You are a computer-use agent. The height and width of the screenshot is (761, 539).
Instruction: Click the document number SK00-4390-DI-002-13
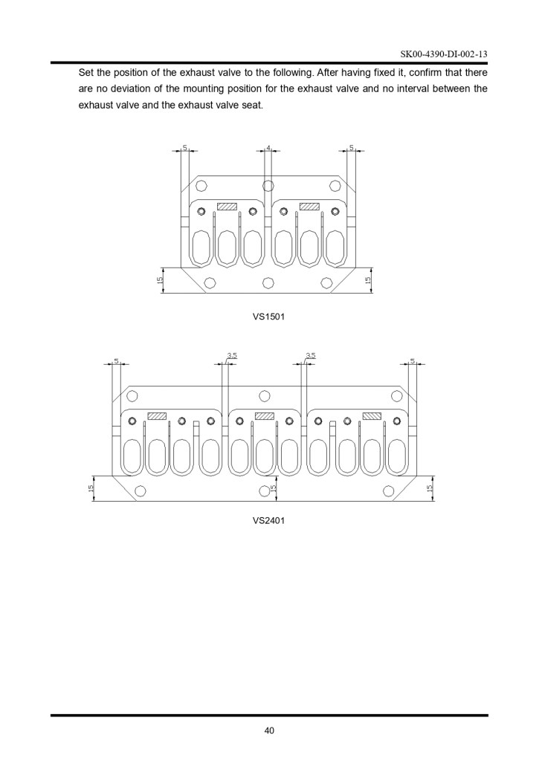(444, 54)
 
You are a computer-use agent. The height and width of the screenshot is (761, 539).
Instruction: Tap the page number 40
(269, 730)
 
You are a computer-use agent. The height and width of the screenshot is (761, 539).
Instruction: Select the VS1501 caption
(268, 317)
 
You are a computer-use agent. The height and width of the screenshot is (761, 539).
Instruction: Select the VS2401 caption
(268, 520)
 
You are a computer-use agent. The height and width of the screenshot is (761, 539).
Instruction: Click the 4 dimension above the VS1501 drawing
(268, 147)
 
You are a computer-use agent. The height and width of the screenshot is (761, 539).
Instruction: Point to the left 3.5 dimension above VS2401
(232, 355)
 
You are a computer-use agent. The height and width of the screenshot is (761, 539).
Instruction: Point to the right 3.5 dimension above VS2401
(311, 355)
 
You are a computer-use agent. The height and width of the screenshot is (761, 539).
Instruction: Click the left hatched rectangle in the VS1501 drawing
(227, 207)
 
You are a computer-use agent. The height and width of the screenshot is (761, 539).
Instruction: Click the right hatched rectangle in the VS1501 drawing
(309, 207)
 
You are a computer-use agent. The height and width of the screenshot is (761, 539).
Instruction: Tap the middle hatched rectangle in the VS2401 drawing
(265, 415)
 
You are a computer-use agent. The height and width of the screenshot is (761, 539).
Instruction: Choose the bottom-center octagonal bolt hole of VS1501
(268, 282)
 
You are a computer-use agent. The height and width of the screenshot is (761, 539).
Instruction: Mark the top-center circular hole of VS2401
(264, 396)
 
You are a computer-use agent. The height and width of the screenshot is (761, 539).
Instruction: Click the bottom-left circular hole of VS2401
(141, 490)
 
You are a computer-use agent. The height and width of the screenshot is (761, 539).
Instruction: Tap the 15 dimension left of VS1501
(159, 280)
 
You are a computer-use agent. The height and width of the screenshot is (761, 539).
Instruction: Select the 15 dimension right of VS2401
(429, 488)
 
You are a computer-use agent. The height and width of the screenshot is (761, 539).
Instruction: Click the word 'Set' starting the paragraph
(85, 73)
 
